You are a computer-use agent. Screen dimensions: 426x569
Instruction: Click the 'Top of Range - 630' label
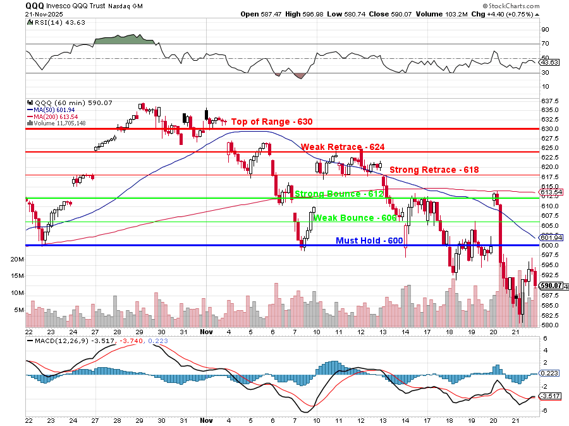[271, 122]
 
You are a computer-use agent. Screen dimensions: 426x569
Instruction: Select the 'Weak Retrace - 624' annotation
[342, 147]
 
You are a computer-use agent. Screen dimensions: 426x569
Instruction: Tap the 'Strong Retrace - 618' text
[434, 170]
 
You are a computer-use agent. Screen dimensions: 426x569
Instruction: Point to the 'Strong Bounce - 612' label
[339, 194]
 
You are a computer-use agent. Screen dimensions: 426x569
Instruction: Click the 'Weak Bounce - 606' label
[355, 218]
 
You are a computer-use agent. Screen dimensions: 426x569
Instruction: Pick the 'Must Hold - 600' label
[369, 241]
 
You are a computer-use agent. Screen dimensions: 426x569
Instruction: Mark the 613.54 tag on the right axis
[549, 192]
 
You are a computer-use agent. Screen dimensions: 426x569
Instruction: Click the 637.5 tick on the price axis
[549, 101]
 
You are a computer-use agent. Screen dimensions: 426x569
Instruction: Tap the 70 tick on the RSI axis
[545, 44]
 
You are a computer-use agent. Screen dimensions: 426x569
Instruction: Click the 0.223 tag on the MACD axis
[549, 374]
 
